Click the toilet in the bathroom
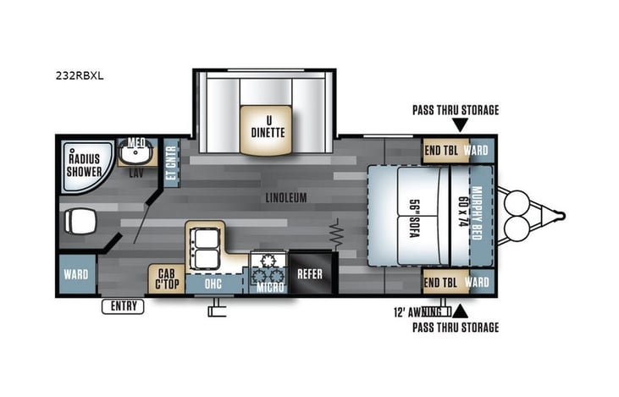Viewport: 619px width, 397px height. [x=77, y=222]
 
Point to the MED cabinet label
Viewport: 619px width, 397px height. [x=136, y=143]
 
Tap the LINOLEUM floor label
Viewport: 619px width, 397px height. [x=285, y=197]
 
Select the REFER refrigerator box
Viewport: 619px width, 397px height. [x=310, y=273]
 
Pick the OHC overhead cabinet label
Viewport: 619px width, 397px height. [x=213, y=284]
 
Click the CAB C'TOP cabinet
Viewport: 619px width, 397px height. [x=166, y=279]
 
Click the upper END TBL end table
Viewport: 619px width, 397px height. [x=441, y=149]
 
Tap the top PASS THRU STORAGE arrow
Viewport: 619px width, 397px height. [x=459, y=125]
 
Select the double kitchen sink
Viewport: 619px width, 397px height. [x=204, y=245]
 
